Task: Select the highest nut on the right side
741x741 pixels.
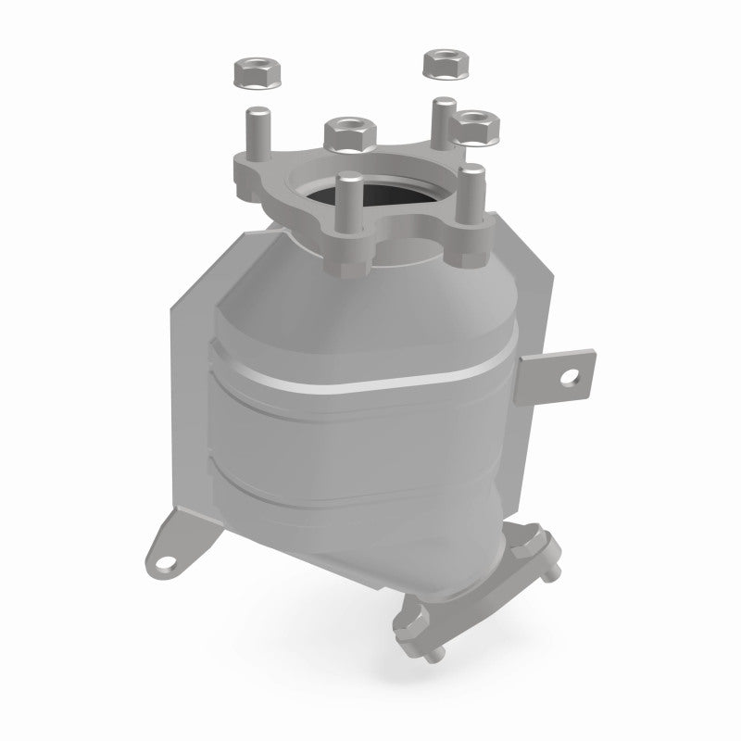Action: pos(442,64)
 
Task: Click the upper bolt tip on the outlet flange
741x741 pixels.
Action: pos(552,576)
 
